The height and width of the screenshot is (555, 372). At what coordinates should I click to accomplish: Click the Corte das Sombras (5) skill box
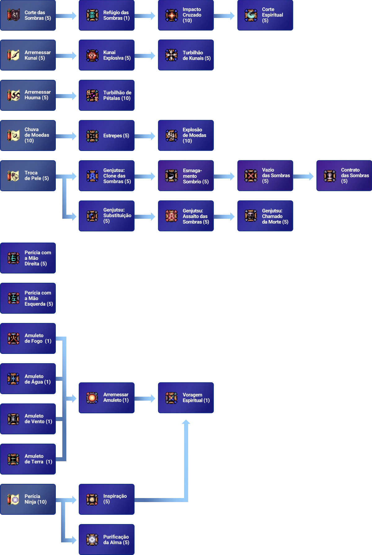tap(29, 15)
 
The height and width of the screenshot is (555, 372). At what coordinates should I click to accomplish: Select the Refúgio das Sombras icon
tap(92, 15)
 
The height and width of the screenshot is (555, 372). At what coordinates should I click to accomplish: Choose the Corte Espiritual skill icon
tap(251, 15)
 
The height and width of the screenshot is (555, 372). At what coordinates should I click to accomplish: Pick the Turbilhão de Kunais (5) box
tap(186, 55)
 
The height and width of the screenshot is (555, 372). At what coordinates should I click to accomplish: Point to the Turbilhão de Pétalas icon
tap(92, 95)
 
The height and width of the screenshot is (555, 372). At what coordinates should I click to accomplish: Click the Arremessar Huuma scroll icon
tap(13, 95)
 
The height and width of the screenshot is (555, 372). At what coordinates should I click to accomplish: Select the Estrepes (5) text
tap(116, 136)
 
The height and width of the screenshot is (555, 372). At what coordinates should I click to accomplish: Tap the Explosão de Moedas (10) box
tap(186, 135)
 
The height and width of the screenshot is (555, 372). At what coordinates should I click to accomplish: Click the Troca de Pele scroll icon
tap(13, 176)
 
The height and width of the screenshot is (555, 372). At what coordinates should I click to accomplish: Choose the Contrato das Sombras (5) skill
tap(343, 176)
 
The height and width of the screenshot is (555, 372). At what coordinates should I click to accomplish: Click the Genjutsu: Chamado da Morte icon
tap(251, 216)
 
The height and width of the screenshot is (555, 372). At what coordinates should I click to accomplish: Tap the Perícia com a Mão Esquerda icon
tap(13, 298)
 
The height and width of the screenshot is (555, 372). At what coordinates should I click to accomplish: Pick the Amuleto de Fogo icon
tap(13, 338)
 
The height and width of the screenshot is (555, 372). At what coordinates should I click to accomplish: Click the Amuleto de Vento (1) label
tap(38, 419)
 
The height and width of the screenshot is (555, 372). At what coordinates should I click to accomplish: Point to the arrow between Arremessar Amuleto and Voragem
tap(146, 398)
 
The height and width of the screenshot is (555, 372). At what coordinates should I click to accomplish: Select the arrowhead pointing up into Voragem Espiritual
tap(186, 422)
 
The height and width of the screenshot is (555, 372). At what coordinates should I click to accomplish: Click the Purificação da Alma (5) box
tap(107, 539)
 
